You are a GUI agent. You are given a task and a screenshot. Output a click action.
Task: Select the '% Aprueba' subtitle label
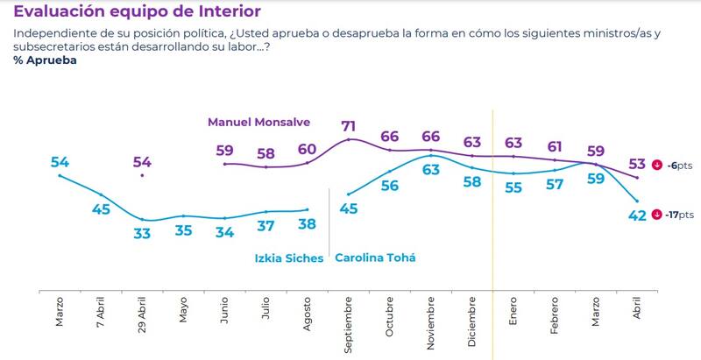(46, 61)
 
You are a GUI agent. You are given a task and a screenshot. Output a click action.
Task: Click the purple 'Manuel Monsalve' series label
(258, 122)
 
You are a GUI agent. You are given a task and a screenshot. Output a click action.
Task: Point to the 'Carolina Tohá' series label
(375, 258)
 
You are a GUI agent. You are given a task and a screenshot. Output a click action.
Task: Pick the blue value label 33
(141, 233)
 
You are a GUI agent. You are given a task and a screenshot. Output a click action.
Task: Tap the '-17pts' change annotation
(678, 215)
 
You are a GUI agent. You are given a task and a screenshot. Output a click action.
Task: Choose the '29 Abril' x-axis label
(142, 317)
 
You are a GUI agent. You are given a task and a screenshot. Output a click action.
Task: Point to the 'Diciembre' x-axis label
(472, 320)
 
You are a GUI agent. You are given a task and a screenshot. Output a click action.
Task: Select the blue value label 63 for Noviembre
(431, 170)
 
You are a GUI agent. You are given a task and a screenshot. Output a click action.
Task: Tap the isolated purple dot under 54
(142, 175)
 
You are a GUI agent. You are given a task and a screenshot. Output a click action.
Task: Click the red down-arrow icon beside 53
(656, 165)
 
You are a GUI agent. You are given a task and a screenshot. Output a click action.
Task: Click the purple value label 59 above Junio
(225, 151)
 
